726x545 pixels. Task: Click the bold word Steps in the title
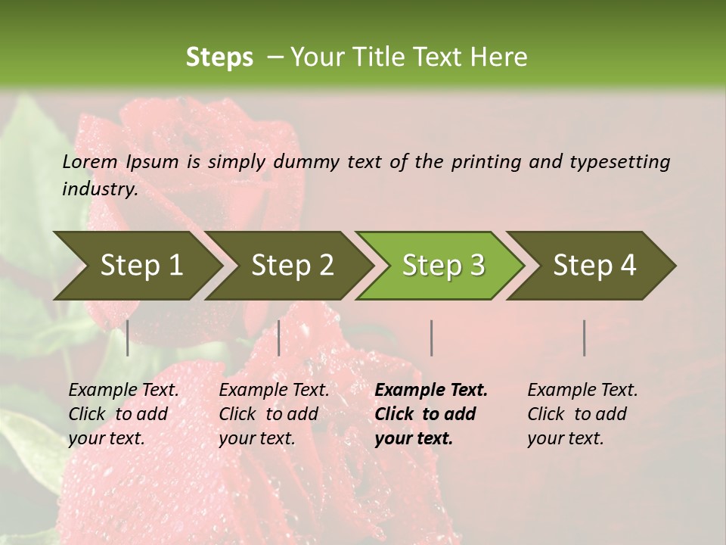(219, 58)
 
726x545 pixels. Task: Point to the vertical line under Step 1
(127, 338)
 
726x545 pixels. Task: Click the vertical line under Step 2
(279, 338)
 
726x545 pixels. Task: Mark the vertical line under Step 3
(431, 338)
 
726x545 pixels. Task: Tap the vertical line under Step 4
(585, 338)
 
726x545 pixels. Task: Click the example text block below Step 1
(123, 414)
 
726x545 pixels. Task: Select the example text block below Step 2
(274, 414)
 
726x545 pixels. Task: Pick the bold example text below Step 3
(431, 414)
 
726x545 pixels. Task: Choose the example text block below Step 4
(582, 414)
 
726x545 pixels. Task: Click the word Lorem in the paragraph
(90, 161)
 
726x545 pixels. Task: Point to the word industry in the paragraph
(99, 189)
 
